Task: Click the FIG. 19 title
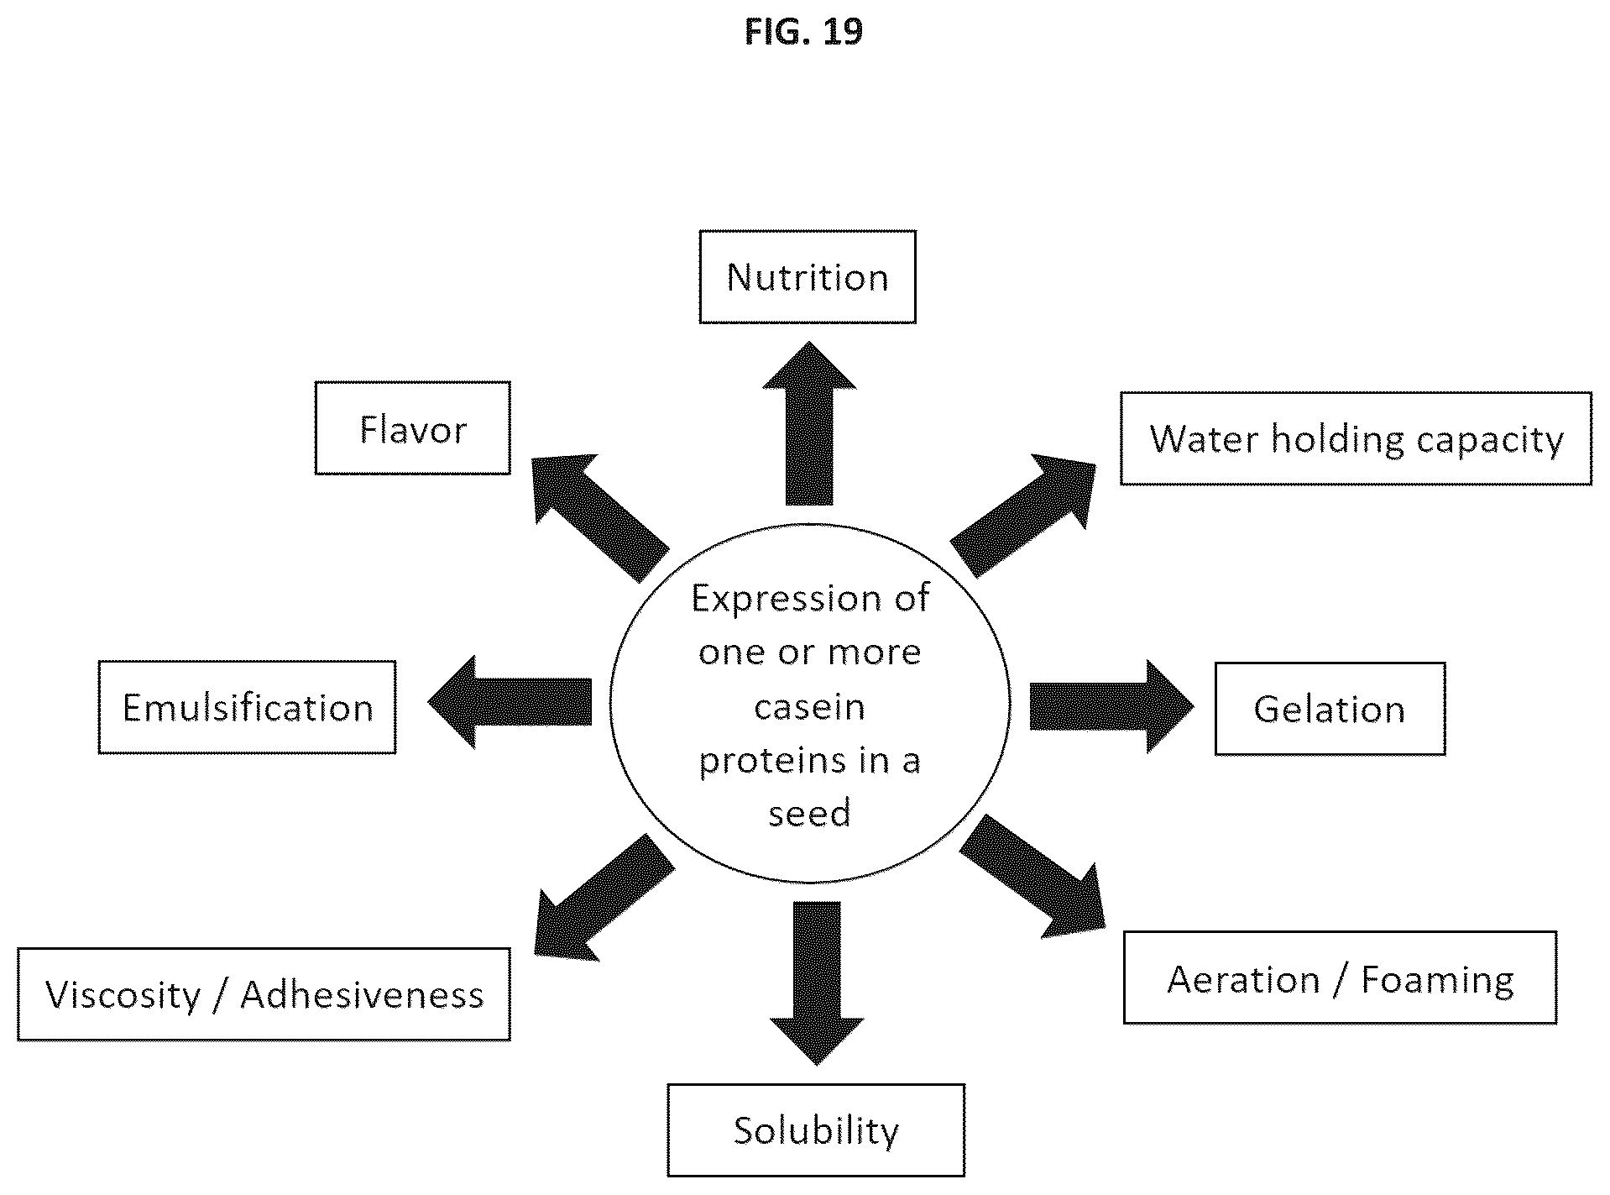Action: point(803,32)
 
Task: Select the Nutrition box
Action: point(808,277)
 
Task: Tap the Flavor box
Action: point(412,428)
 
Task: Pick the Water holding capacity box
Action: point(1356,438)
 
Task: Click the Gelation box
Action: point(1330,709)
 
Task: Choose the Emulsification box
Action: point(247,707)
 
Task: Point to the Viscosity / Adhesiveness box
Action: point(264,994)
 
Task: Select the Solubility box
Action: point(816,1130)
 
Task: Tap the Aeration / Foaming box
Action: point(1340,977)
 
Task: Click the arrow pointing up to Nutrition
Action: point(809,423)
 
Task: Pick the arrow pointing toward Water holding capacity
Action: point(1023,515)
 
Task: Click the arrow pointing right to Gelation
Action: point(1111,706)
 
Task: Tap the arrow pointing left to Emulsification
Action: point(510,702)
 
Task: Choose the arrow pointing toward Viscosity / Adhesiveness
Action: point(604,897)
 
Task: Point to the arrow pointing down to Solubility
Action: point(817,983)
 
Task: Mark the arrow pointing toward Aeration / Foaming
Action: point(1032,876)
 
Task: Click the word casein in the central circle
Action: point(810,707)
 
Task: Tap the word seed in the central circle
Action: point(810,813)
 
